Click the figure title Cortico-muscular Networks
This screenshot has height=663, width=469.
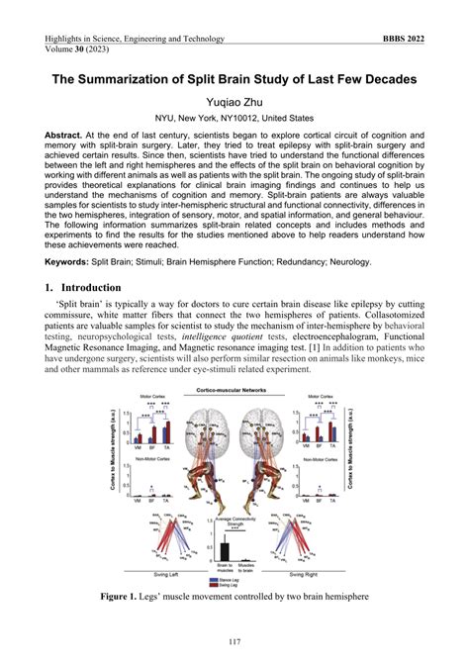point(234,393)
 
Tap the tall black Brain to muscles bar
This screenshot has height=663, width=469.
point(226,552)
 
